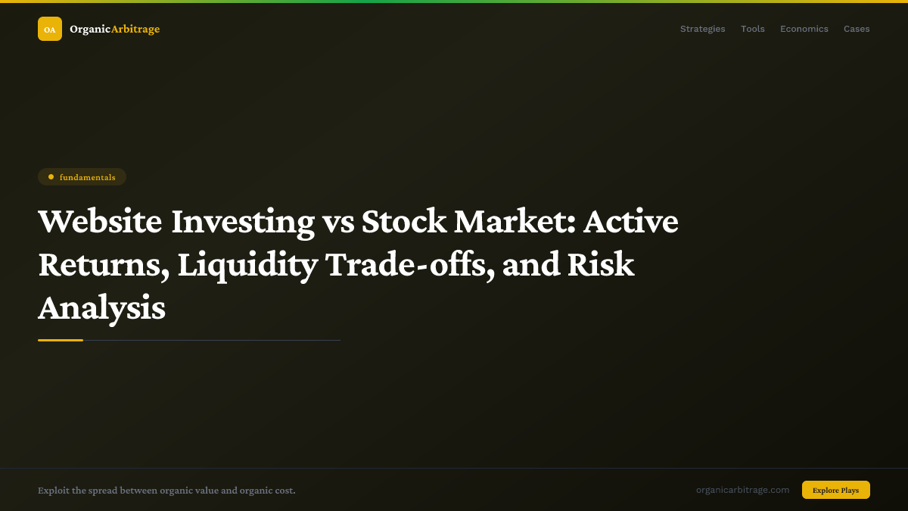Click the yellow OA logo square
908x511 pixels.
point(50,29)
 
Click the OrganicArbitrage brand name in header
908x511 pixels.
point(114,29)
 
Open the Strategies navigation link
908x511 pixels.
point(702,29)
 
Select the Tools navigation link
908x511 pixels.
point(752,29)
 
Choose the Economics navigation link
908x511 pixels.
point(804,29)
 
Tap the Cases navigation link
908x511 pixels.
point(857,29)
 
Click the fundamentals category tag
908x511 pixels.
point(82,177)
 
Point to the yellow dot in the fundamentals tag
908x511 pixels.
point(51,177)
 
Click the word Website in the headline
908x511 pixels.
point(100,221)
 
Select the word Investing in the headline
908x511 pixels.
point(242,221)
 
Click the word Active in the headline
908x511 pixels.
point(630,221)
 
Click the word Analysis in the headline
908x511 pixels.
point(101,309)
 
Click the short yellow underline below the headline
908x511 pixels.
point(61,341)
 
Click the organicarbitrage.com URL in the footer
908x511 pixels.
point(742,490)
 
